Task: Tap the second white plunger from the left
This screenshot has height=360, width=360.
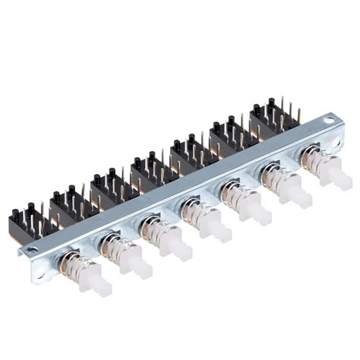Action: (x=136, y=263)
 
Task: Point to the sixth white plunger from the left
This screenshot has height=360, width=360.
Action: (x=297, y=194)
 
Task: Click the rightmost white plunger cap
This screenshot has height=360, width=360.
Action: (x=336, y=178)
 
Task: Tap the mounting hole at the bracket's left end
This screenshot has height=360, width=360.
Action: (x=32, y=248)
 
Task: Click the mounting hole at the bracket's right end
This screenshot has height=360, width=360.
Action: (x=329, y=119)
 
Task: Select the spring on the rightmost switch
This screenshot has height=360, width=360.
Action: (x=313, y=162)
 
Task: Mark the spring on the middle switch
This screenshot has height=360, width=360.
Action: (x=194, y=213)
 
